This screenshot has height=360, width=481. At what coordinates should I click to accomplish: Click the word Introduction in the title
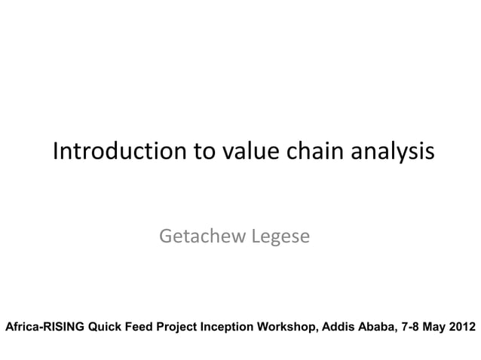coord(120,152)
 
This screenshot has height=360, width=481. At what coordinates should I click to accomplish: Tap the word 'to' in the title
coord(205,152)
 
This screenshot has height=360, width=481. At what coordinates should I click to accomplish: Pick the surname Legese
coord(280,239)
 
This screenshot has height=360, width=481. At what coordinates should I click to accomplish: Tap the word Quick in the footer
coord(105,328)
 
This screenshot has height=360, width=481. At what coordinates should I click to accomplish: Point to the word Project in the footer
coord(177,328)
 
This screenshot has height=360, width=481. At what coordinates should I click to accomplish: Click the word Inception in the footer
coord(228,328)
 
